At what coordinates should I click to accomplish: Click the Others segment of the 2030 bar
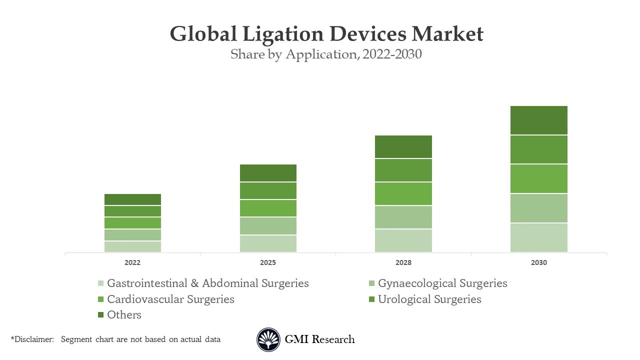click(x=539, y=120)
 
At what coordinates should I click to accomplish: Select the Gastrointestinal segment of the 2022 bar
click(x=132, y=246)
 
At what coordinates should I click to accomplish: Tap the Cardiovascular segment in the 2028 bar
click(x=403, y=193)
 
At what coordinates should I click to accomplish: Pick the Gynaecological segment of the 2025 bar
click(x=268, y=226)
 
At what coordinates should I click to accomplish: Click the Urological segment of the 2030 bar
click(x=539, y=149)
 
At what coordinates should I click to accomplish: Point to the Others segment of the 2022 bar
click(x=132, y=199)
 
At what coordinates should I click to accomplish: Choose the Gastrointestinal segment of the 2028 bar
click(x=403, y=240)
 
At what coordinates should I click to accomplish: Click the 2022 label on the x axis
click(x=132, y=262)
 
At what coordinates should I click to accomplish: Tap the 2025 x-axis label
click(x=268, y=262)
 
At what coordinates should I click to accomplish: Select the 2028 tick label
click(x=403, y=262)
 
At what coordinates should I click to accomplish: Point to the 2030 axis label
click(x=539, y=262)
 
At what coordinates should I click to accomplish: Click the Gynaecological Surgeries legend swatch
click(x=371, y=283)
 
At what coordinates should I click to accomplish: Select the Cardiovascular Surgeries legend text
click(x=170, y=299)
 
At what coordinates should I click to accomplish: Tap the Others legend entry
click(x=124, y=314)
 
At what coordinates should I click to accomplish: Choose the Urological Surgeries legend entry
click(x=429, y=299)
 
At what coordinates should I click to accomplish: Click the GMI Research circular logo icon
click(x=268, y=339)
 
